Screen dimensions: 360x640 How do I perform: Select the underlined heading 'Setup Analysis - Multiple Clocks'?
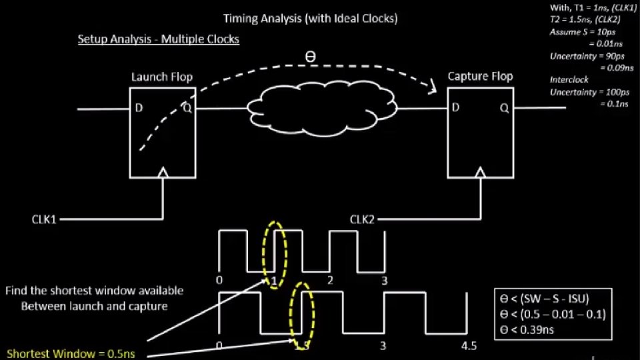tap(159, 39)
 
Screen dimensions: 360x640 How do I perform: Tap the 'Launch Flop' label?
tap(162, 77)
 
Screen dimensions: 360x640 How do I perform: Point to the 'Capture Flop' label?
tap(480, 76)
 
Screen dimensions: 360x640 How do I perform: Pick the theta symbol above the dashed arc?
tap(310, 57)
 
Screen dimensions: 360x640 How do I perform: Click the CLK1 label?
tap(45, 219)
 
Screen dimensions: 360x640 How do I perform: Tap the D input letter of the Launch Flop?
tap(139, 108)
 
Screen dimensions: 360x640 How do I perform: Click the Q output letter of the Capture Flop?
tap(504, 107)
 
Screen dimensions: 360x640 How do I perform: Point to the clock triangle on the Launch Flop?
tap(162, 173)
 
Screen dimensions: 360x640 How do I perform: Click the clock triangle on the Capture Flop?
tap(479, 174)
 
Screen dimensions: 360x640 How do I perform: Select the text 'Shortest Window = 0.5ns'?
tap(71, 353)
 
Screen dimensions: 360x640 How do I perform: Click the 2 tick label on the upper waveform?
tap(330, 280)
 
